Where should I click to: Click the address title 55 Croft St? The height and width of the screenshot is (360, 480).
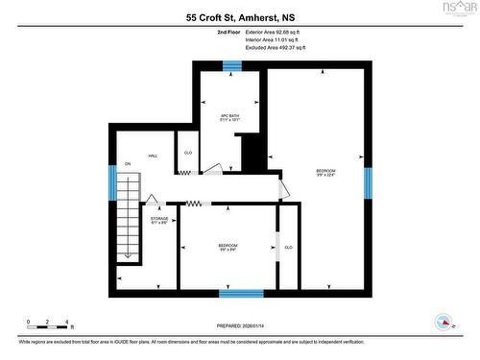click(x=240, y=17)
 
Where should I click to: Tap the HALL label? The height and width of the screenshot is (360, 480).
click(x=152, y=156)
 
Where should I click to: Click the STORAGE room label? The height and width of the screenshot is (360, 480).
click(x=159, y=220)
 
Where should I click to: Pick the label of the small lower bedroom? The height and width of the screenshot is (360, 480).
click(x=227, y=248)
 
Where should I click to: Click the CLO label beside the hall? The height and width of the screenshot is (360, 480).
click(x=188, y=153)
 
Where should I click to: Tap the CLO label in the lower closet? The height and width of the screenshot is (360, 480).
click(x=288, y=247)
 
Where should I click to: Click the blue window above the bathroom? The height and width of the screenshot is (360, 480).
click(x=231, y=66)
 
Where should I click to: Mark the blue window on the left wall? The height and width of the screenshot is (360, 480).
click(x=112, y=183)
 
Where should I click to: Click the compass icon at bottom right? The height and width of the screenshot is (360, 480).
click(x=444, y=322)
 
